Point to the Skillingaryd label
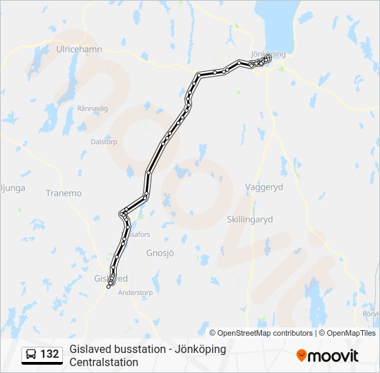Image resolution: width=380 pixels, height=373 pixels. pos(250,219)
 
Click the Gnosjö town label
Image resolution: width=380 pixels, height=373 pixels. pos(158,253)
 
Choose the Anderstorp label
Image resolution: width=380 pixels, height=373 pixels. pos(135,292)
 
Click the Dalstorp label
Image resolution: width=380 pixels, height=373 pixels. pos(104,142)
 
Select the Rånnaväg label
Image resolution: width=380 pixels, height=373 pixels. pos(93,108)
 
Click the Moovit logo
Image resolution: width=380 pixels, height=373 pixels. pos(327,355)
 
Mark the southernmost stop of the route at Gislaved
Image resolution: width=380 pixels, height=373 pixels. pos(108,287)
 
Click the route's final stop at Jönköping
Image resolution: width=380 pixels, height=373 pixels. pos(268,58)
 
